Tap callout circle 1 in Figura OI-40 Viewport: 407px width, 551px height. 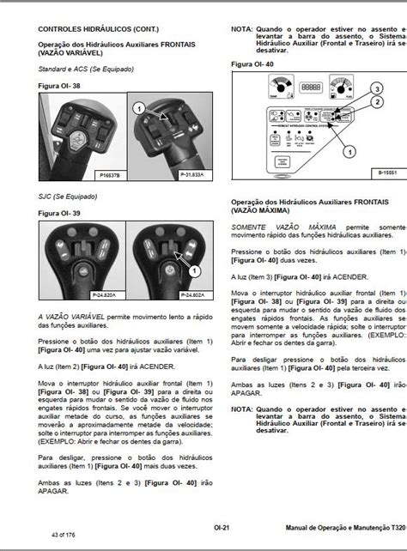350,151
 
